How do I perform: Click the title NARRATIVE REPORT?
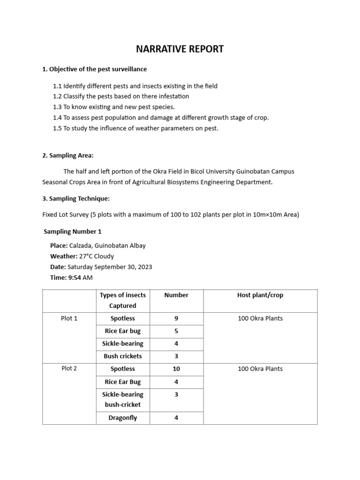[x=180, y=49]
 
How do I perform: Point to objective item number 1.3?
[x=114, y=107]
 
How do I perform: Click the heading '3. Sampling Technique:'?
[x=76, y=198]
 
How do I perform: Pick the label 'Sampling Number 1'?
[x=73, y=232]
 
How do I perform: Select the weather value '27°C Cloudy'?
[x=97, y=256]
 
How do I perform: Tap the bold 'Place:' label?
[x=59, y=246]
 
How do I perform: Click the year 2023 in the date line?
[x=144, y=267]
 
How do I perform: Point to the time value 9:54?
[x=75, y=277]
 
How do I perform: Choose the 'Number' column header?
[x=176, y=295]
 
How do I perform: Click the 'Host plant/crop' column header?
[x=260, y=295]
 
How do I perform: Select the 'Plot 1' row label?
[x=69, y=319]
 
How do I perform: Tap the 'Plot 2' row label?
[x=69, y=368]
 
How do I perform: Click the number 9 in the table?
[x=176, y=319]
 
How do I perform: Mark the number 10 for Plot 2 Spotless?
[x=176, y=369]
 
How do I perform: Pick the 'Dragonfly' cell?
[x=123, y=418]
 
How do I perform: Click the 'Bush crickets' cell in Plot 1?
[x=123, y=356]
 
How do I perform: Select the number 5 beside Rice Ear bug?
[x=176, y=331]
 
